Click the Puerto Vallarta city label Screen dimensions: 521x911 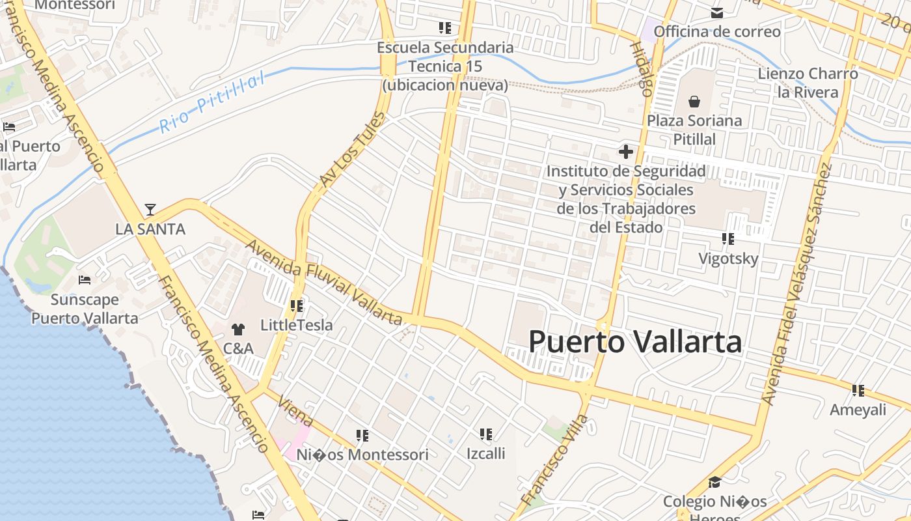[x=635, y=342]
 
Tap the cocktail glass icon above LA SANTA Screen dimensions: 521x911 [x=150, y=209]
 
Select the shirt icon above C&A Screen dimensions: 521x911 [x=238, y=330]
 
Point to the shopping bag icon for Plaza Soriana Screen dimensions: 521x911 [x=694, y=102]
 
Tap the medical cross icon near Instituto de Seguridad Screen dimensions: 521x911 [x=626, y=152]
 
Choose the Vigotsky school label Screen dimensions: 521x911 [x=728, y=259]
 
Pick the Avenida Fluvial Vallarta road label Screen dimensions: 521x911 [x=323, y=282]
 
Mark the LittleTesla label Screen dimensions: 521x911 [x=296, y=325]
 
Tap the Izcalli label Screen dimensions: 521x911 [x=485, y=453]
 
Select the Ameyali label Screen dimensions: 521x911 [x=858, y=410]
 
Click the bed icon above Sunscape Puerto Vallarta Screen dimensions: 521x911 [x=85, y=280]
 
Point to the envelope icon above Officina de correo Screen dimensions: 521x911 [x=716, y=13]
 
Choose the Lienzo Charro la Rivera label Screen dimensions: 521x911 [x=808, y=83]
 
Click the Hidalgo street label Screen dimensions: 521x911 [x=641, y=69]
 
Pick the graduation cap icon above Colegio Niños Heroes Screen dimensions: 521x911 [x=714, y=483]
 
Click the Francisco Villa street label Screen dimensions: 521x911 [x=554, y=460]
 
